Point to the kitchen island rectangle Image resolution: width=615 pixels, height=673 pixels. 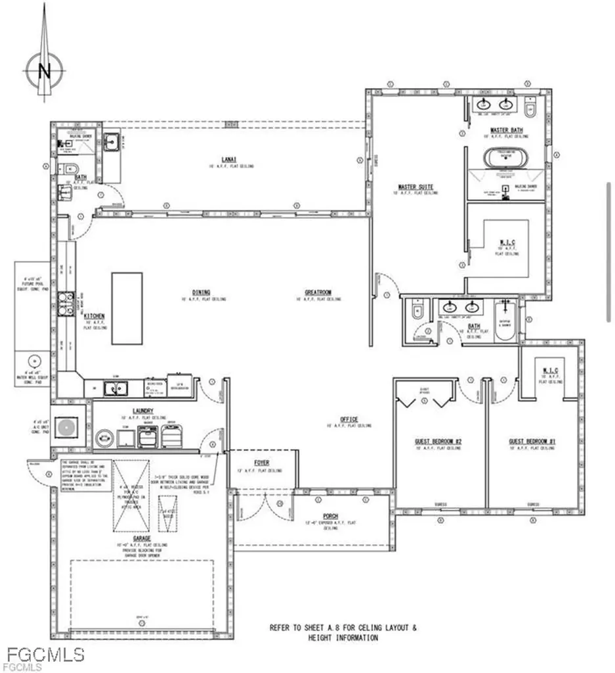(127, 308)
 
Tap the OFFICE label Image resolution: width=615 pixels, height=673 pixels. (349, 419)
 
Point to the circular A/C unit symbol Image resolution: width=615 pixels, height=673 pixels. (66, 428)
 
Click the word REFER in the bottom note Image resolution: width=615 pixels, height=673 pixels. (280, 628)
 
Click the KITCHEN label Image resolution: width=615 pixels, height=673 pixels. (95, 316)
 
